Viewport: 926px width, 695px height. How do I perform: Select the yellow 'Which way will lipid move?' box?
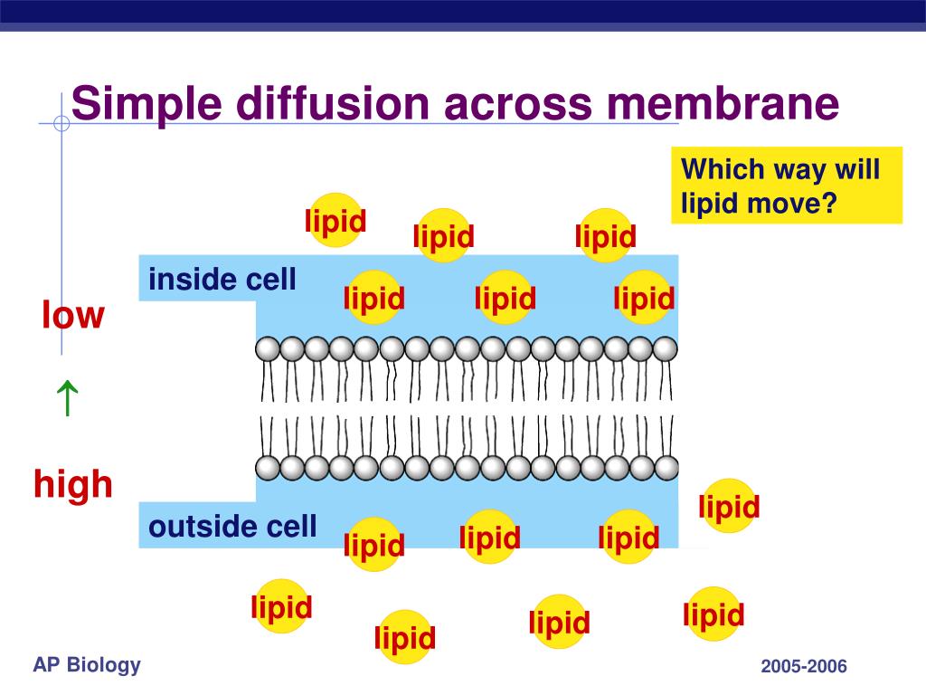pos(787,186)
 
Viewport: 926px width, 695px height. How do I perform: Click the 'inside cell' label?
pos(222,280)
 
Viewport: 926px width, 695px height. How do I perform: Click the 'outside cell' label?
pos(232,526)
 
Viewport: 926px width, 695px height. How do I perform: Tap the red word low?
pos(73,316)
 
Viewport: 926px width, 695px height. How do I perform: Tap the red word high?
pos(73,485)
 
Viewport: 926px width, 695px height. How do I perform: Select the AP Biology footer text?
pos(87,666)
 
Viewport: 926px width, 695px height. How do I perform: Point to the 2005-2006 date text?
pos(803,667)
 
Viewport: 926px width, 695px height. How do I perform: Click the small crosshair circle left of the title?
pos(61,124)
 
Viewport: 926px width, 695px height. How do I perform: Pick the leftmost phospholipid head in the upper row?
pos(268,348)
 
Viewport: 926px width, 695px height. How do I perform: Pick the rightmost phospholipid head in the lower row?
pos(666,468)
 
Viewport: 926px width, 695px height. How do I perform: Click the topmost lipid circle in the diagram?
pos(335,220)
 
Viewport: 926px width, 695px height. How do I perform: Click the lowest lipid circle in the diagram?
pos(405,637)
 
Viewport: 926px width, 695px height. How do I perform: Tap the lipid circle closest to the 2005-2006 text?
pos(713,614)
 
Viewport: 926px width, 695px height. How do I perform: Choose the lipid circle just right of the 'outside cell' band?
pos(729,506)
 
